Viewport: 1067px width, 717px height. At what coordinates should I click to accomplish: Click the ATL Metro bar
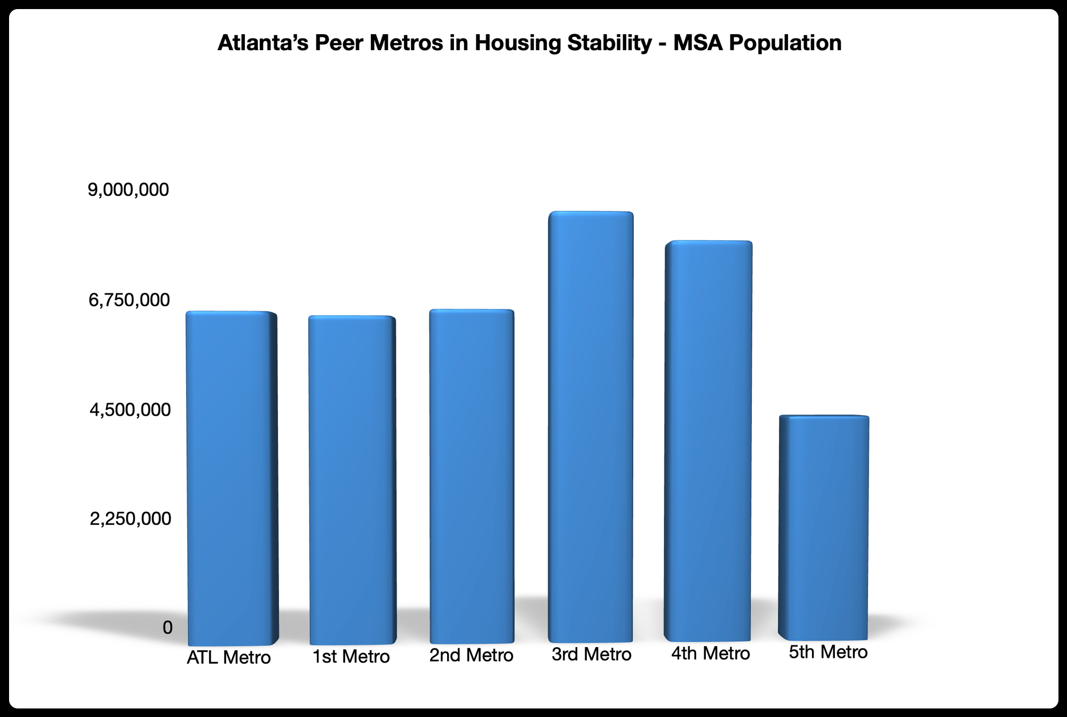click(x=232, y=477)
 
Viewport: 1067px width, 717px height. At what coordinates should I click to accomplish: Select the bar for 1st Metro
click(x=352, y=480)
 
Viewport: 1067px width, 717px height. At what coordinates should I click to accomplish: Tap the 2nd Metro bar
click(x=472, y=476)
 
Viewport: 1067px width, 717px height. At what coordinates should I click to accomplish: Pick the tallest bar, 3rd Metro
click(x=591, y=427)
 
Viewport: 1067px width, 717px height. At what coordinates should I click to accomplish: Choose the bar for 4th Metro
click(x=708, y=441)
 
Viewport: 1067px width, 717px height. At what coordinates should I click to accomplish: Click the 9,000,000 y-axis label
click(x=129, y=189)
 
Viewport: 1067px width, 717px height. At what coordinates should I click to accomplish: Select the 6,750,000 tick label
click(x=129, y=300)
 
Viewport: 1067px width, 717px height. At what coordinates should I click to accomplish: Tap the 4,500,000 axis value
click(x=130, y=410)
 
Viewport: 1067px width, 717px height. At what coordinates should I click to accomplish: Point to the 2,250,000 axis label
click(x=130, y=519)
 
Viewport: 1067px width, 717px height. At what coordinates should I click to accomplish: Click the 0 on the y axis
click(x=168, y=628)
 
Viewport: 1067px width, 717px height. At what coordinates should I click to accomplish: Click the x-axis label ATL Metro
click(x=229, y=658)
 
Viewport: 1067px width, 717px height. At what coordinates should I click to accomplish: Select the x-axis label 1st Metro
click(x=351, y=657)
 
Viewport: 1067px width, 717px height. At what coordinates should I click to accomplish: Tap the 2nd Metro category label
click(x=471, y=655)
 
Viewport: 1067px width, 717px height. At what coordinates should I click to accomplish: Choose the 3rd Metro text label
click(x=591, y=654)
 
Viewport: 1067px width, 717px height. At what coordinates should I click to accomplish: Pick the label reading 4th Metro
click(x=711, y=654)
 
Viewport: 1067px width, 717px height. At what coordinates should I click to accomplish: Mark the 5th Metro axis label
click(x=828, y=652)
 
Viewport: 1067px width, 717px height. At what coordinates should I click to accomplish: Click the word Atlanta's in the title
click(x=263, y=43)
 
